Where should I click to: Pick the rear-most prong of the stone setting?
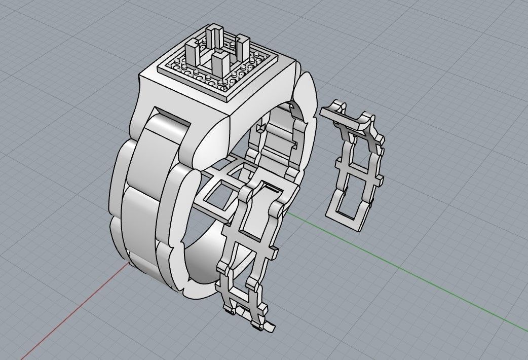click(213, 37)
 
